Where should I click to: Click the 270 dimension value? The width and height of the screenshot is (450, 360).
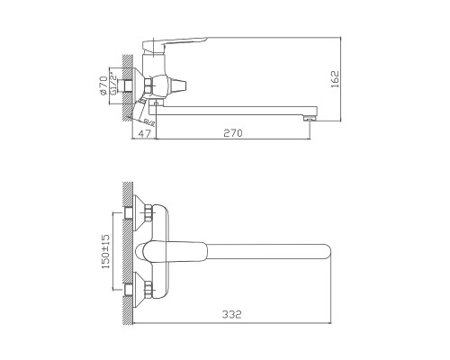click(234, 132)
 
